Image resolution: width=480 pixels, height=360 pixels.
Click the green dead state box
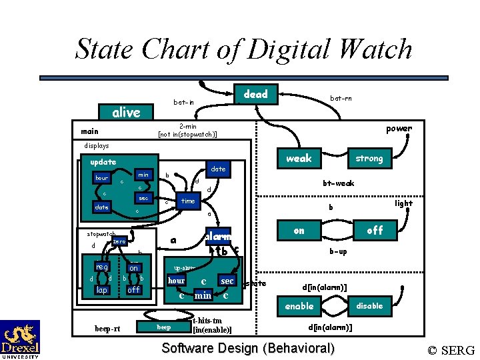click(256, 95)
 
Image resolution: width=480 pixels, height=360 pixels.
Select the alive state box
click(126, 112)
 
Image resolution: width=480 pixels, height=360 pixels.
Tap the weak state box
click(299, 158)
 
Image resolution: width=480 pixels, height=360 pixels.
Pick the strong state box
click(369, 158)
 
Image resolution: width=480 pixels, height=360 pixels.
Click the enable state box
click(299, 306)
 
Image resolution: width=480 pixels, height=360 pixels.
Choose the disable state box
click(369, 306)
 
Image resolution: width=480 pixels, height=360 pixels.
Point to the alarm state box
click(217, 236)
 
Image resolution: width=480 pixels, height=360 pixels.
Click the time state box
click(189, 201)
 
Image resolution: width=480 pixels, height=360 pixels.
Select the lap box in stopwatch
click(101, 290)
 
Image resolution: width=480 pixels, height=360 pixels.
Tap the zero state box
click(119, 241)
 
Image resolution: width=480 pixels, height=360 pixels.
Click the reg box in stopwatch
click(101, 267)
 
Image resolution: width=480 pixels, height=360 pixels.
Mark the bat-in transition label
click(184, 102)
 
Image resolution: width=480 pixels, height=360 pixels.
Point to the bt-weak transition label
click(339, 183)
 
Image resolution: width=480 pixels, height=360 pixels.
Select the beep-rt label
click(107, 329)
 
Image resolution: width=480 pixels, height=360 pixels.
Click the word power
click(399, 129)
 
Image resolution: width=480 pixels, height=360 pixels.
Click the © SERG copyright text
click(451, 350)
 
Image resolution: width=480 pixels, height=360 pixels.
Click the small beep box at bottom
click(164, 327)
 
